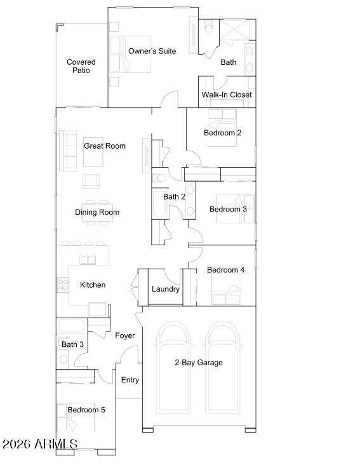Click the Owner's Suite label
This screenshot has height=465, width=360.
pyautogui.click(x=152, y=51)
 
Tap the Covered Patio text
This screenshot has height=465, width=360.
pyautogui.click(x=81, y=66)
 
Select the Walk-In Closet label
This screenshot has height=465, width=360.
pyautogui.click(x=227, y=95)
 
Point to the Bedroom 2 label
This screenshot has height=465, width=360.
pyautogui.click(x=222, y=133)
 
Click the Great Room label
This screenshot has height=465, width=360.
pyautogui.click(x=105, y=145)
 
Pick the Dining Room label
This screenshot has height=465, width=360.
pyautogui.click(x=97, y=212)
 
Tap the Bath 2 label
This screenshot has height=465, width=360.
pyautogui.click(x=174, y=196)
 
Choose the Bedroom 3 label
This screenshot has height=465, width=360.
pyautogui.click(x=228, y=209)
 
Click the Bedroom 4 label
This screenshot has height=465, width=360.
pyautogui.click(x=225, y=270)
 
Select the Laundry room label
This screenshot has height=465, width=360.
pyautogui.click(x=166, y=289)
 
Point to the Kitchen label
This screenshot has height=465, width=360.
pyautogui.click(x=93, y=285)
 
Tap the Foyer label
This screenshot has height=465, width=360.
pyautogui.click(x=124, y=335)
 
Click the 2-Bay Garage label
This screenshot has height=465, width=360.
pyautogui.click(x=199, y=362)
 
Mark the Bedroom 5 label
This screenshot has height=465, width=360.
pyautogui.click(x=86, y=410)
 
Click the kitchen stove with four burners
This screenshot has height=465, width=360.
pyautogui.click(x=63, y=285)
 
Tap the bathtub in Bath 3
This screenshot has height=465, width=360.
pyautogui.click(x=72, y=327)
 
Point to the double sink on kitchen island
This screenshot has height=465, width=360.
pyautogui.click(x=88, y=260)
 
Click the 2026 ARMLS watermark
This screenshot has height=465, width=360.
pyautogui.click(x=40, y=444)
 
